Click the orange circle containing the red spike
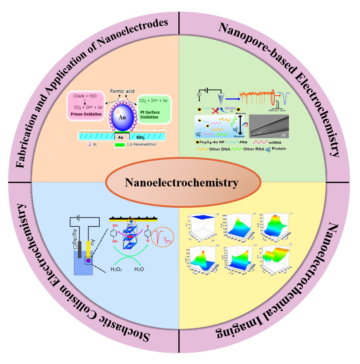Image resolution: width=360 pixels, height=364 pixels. pyautogui.click(x=165, y=237)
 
